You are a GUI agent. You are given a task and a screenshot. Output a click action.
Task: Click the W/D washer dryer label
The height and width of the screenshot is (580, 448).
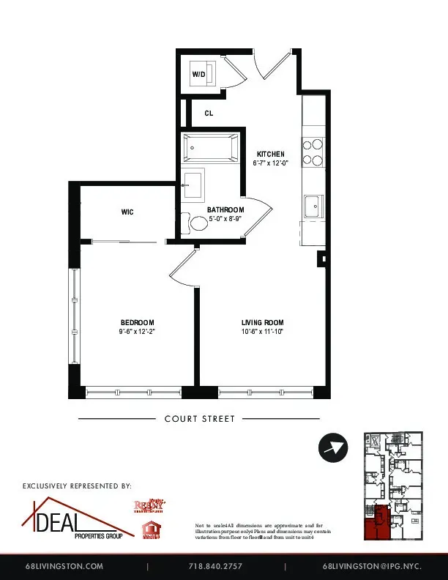(x=198, y=75)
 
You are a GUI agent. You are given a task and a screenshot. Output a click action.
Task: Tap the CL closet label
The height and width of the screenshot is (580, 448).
(x=209, y=114)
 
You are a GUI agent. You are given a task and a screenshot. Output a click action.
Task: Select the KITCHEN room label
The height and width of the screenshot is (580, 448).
(x=270, y=154)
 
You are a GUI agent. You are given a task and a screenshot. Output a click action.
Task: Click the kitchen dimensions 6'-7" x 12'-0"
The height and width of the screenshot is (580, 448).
(x=270, y=163)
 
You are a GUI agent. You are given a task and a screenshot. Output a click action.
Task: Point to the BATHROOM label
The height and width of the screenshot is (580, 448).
(x=225, y=209)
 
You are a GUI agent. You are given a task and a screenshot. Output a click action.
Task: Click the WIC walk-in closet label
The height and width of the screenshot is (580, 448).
(x=127, y=212)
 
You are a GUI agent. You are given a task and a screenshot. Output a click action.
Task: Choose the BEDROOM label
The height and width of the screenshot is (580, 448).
(x=137, y=322)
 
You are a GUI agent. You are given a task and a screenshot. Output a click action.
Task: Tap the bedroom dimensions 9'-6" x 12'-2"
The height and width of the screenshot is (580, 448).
(x=137, y=332)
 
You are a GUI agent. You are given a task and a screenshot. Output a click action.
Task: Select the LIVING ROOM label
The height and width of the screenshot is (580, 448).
(x=262, y=322)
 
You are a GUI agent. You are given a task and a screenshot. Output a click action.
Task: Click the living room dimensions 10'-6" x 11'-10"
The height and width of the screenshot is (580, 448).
(x=262, y=332)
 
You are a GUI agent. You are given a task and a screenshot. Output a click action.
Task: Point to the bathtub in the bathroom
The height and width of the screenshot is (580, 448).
(x=211, y=149)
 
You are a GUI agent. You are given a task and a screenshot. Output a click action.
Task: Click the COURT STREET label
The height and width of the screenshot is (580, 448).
(x=199, y=419)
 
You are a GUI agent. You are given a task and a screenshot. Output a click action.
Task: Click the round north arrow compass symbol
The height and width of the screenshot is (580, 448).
(x=334, y=447)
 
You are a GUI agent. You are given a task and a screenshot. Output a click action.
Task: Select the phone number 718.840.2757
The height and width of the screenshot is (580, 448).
(x=215, y=566)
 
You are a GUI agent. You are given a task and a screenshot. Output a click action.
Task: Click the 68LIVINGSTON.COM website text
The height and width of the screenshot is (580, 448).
(x=64, y=566)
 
